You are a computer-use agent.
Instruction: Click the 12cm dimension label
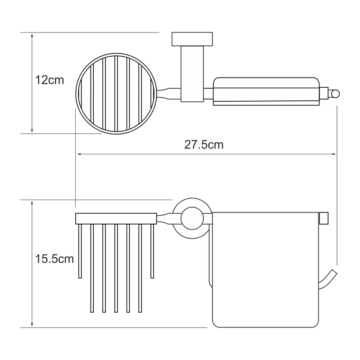tap(50, 80)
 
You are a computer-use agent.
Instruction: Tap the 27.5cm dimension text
tap(204, 145)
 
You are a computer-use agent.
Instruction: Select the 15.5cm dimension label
tap(54, 259)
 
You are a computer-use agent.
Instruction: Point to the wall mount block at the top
tap(192, 39)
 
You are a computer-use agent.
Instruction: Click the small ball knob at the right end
tap(335, 94)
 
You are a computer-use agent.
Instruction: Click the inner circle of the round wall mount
tap(192, 218)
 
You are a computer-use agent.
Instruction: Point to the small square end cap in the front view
tap(324, 218)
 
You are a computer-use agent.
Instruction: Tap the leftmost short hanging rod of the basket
tap(80, 251)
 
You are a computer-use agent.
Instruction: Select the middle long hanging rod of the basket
tap(116, 268)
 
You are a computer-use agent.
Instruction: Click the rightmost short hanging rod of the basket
tap(152, 251)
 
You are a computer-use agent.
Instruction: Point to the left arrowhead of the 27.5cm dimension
tap(80, 154)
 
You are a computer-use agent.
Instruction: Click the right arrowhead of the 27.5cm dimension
tap(334, 154)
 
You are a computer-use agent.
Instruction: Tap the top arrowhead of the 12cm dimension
tap(32, 36)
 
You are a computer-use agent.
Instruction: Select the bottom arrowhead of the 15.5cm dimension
tap(32, 324)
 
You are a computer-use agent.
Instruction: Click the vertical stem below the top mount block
tap(192, 74)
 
